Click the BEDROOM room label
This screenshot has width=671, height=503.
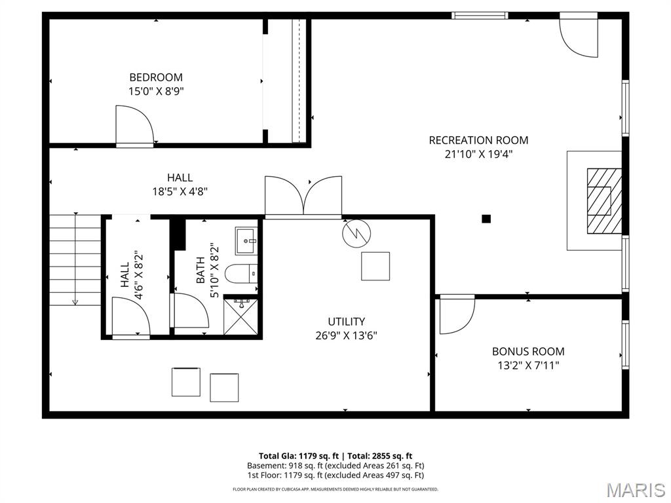click(x=156, y=77)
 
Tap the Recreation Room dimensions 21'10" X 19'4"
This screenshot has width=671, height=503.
click(x=478, y=155)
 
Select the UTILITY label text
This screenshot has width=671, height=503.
click(x=347, y=322)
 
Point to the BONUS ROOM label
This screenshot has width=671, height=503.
click(x=528, y=352)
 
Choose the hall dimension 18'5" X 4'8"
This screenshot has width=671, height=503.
click(x=180, y=192)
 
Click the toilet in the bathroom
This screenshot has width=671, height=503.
click(x=240, y=272)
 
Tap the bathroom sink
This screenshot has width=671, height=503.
click(x=247, y=240)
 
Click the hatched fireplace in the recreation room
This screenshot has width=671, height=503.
click(x=603, y=200)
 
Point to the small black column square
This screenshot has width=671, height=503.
click(x=486, y=219)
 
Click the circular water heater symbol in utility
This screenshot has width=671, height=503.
click(x=356, y=233)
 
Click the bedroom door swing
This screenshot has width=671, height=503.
click(x=134, y=126)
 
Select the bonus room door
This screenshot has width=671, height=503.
click(x=456, y=314)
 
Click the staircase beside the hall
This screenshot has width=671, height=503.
click(x=75, y=259)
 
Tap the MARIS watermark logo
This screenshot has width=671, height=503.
click(x=635, y=489)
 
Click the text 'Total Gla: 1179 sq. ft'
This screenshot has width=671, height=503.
click(x=299, y=456)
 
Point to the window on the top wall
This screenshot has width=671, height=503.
click(x=480, y=15)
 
